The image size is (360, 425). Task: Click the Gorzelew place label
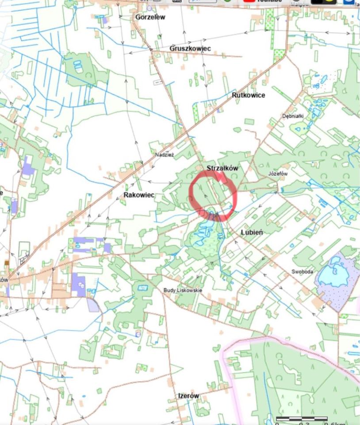tap(150, 17)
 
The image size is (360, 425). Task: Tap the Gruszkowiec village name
tap(190, 48)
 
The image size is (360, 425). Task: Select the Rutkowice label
tap(248, 95)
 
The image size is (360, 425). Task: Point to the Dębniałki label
tap(293, 116)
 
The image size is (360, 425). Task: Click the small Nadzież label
tap(165, 155)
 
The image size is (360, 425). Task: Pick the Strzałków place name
tap(222, 168)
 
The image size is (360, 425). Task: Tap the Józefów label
tap(278, 174)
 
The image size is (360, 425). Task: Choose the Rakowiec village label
tap(139, 195)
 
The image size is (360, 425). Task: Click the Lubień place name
tap(253, 232)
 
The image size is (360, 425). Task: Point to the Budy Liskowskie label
tap(183, 290)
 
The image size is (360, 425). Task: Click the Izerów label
tap(188, 395)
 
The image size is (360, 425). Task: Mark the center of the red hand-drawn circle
tap(213, 196)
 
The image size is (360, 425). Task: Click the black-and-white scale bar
tap(302, 418)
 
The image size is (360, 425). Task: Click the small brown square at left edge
tap(7, 263)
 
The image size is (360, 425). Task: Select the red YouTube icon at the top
tap(249, 1)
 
